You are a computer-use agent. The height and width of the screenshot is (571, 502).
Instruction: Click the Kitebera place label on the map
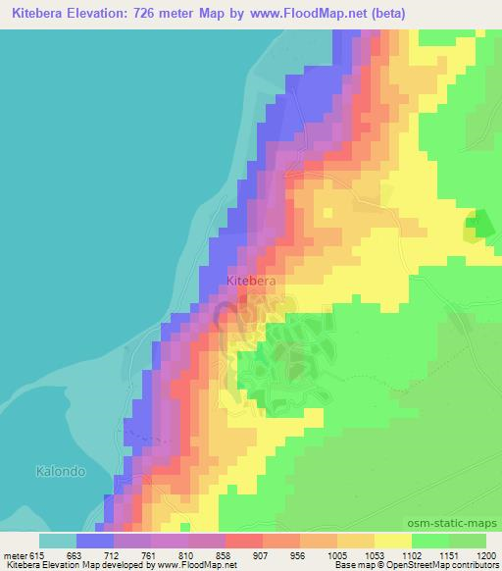coord(251,281)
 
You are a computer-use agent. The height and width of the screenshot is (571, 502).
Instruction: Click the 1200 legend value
coord(486,555)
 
